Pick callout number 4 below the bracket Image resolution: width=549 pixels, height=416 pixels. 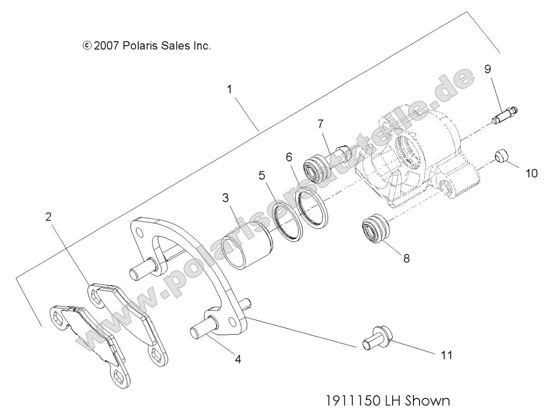coord(237,358)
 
